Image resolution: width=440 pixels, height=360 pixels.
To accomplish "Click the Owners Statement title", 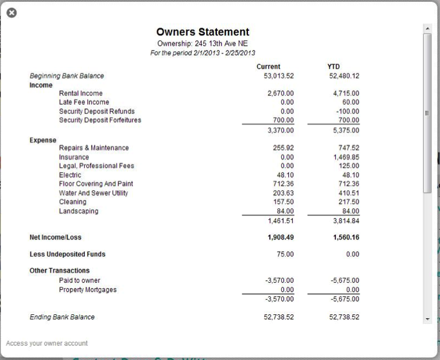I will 202,32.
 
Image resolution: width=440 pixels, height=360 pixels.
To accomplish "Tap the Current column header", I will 268,66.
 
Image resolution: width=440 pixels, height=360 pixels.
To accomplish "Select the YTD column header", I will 333,66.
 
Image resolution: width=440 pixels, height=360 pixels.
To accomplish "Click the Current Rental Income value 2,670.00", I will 280,93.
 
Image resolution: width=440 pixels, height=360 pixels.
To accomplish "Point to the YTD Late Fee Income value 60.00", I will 351,102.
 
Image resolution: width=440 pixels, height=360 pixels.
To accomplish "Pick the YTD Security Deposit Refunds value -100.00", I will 347,111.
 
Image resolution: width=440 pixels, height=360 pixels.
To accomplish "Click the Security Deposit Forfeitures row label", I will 100,120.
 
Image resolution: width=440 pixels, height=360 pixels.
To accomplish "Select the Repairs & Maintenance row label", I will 94,148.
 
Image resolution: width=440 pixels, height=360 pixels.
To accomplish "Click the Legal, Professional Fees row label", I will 96,166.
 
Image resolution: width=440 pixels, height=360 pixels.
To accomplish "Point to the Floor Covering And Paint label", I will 96,184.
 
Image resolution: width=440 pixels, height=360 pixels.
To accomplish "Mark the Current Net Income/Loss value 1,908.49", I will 280,237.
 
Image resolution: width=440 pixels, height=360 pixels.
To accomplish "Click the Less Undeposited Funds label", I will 67,254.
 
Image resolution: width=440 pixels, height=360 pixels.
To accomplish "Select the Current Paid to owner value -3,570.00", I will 279,281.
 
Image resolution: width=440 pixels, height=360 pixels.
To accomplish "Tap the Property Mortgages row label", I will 88,290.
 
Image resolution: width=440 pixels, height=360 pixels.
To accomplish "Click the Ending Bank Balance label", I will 62,317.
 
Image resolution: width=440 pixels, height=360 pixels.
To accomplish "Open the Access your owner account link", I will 47,343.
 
